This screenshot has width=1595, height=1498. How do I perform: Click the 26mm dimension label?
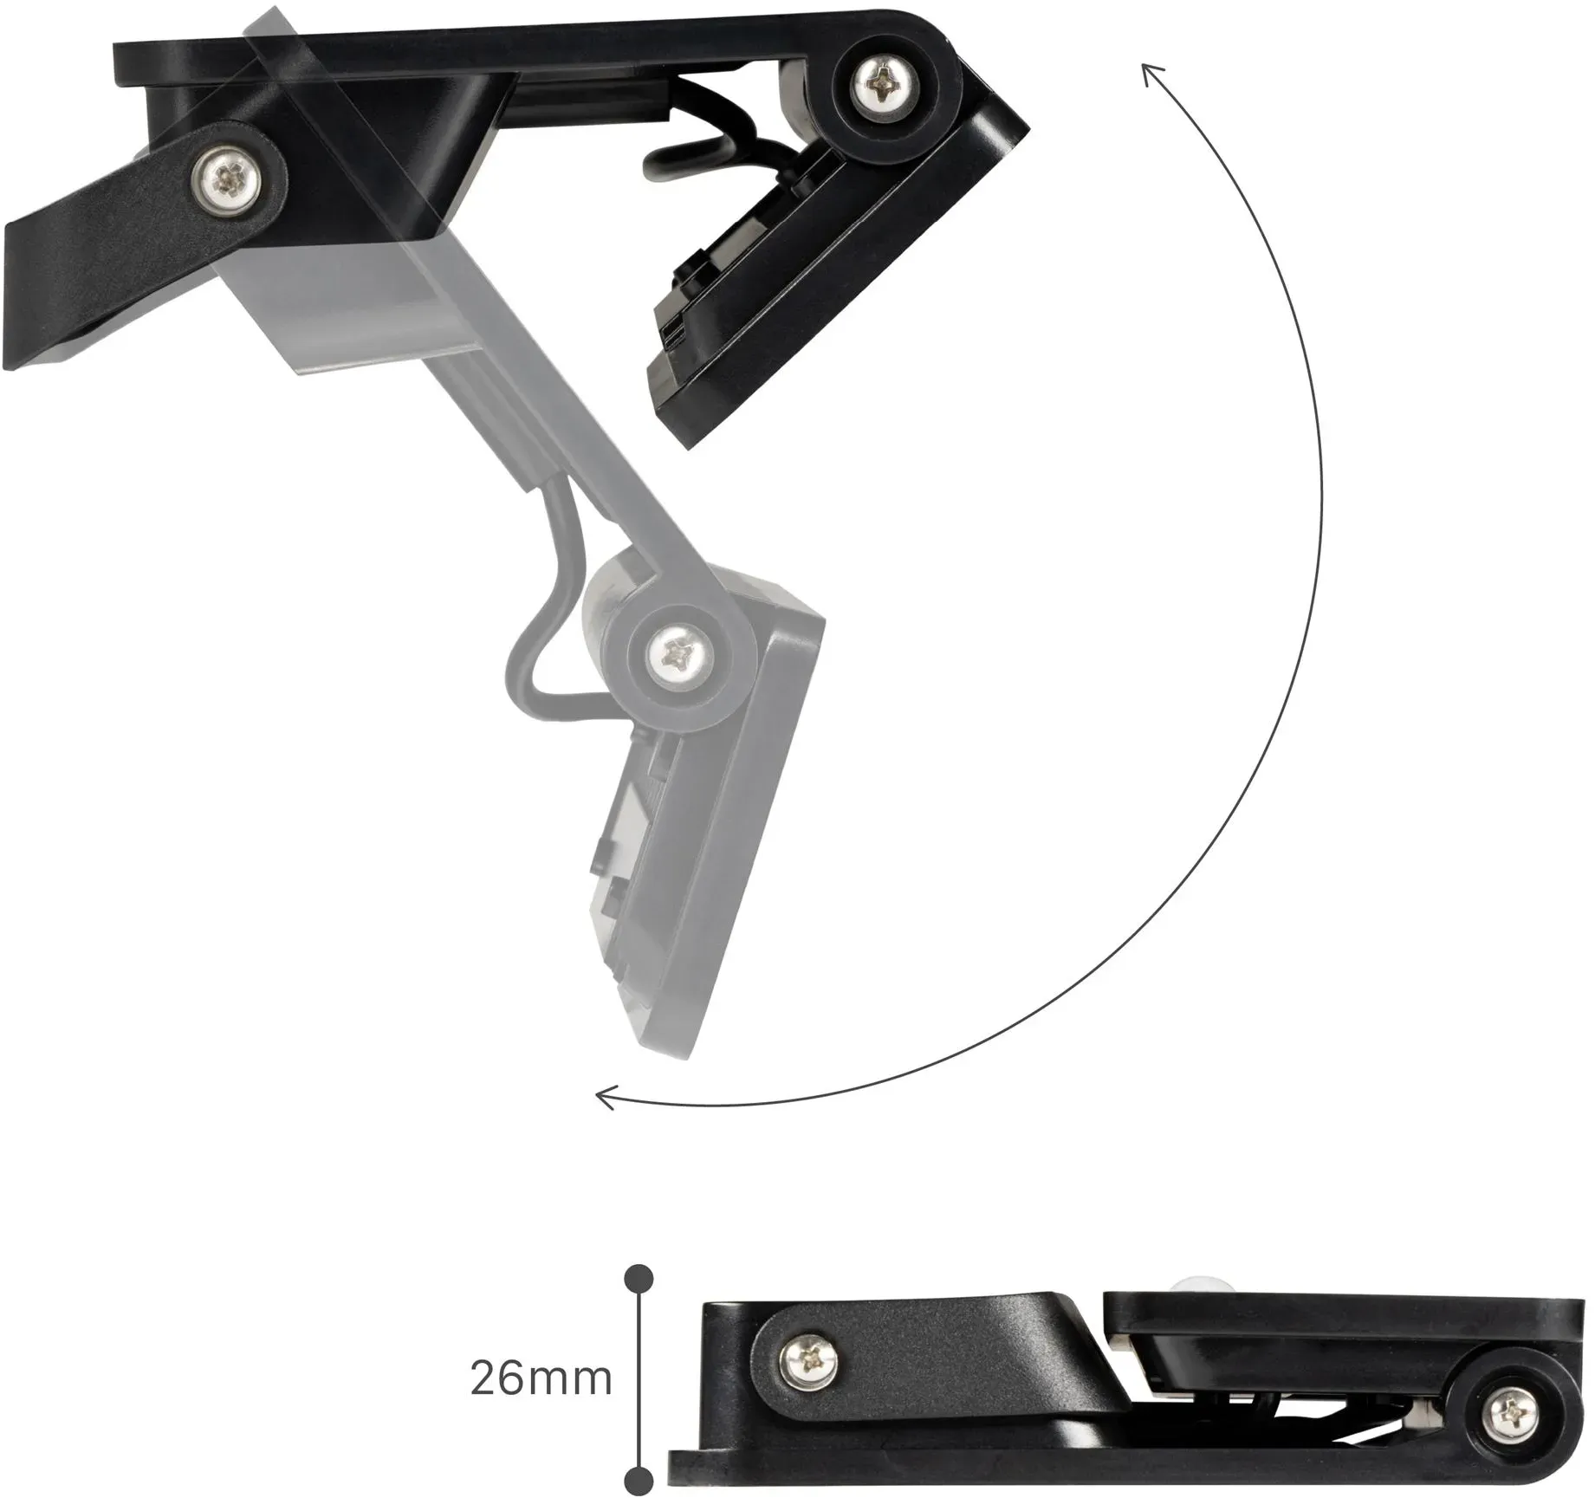pyautogui.click(x=541, y=1378)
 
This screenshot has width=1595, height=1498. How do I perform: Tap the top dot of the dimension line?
pyautogui.click(x=639, y=1278)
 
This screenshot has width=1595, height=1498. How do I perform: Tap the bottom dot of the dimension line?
pyautogui.click(x=639, y=1480)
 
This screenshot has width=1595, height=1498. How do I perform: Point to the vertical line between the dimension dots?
pyautogui.click(x=639, y=1378)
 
